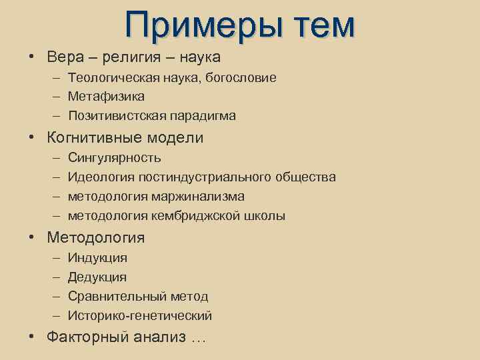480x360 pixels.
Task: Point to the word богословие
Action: [241, 78]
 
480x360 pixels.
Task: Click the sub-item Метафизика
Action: [106, 97]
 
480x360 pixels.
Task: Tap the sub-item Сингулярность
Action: [114, 158]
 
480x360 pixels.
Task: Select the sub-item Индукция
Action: [97, 258]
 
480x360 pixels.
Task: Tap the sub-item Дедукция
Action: [97, 277]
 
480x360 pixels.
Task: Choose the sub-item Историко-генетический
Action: [140, 316]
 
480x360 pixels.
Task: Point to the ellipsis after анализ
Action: [199, 339]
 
